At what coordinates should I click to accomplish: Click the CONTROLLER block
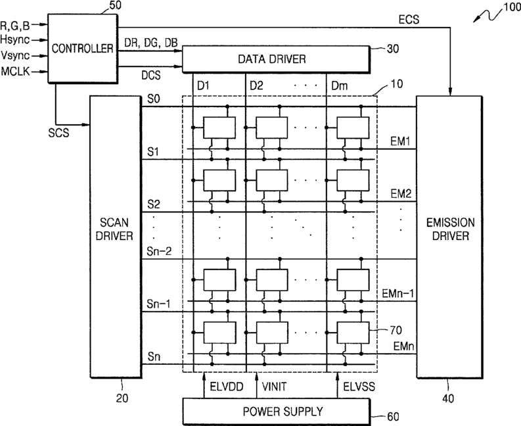pyautogui.click(x=83, y=49)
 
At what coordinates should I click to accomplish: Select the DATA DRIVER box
pyautogui.click(x=276, y=59)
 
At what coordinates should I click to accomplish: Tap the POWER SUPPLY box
pyautogui.click(x=277, y=412)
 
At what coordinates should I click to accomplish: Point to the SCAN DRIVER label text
pyautogui.click(x=114, y=229)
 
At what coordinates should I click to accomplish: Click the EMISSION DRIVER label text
pyautogui.click(x=451, y=229)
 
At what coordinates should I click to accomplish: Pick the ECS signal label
pyautogui.click(x=409, y=20)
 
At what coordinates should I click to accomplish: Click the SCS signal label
pyautogui.click(x=59, y=133)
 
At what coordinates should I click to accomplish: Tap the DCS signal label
pyautogui.click(x=151, y=75)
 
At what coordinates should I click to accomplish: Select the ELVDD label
pyautogui.click(x=227, y=387)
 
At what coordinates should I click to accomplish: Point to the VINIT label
pyautogui.click(x=274, y=387)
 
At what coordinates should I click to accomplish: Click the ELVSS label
pyautogui.click(x=359, y=387)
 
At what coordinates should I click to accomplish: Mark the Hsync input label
pyautogui.click(x=15, y=40)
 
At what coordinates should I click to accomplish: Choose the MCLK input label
pyautogui.click(x=16, y=72)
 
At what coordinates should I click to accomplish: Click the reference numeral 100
pyautogui.click(x=512, y=7)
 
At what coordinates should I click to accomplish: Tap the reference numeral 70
pyautogui.click(x=396, y=330)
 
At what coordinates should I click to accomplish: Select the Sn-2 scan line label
pyautogui.click(x=159, y=251)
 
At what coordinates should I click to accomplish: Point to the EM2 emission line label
pyautogui.click(x=401, y=194)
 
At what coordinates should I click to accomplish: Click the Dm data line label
pyautogui.click(x=340, y=86)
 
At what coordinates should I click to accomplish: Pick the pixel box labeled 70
pyautogui.click(x=353, y=332)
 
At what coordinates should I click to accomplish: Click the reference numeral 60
pyautogui.click(x=393, y=416)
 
